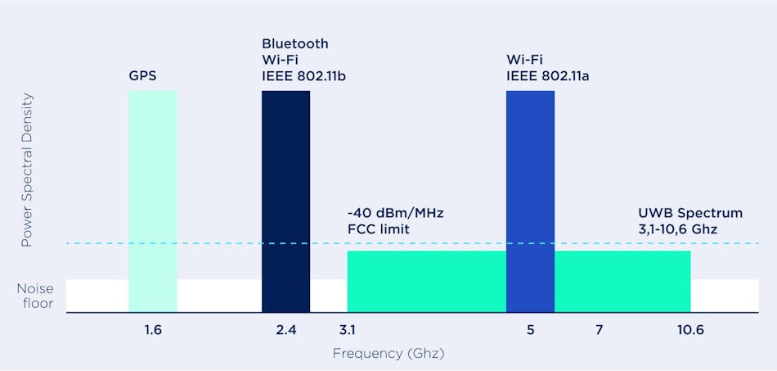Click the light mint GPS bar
click(x=152, y=201)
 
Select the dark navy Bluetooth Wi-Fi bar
click(x=285, y=201)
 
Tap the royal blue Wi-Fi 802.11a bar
click(x=530, y=201)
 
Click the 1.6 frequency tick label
click(x=152, y=330)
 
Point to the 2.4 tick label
click(x=285, y=330)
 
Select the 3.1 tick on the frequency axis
click(x=348, y=330)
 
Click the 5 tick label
click(x=530, y=330)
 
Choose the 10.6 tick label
click(x=689, y=330)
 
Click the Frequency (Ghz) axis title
click(x=388, y=354)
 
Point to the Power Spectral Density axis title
click(x=27, y=170)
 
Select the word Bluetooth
click(x=294, y=43)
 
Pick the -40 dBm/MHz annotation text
click(x=394, y=213)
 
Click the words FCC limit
click(x=378, y=229)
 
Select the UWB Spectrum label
click(x=689, y=213)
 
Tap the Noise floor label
click(x=35, y=296)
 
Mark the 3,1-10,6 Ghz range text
click(x=677, y=229)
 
